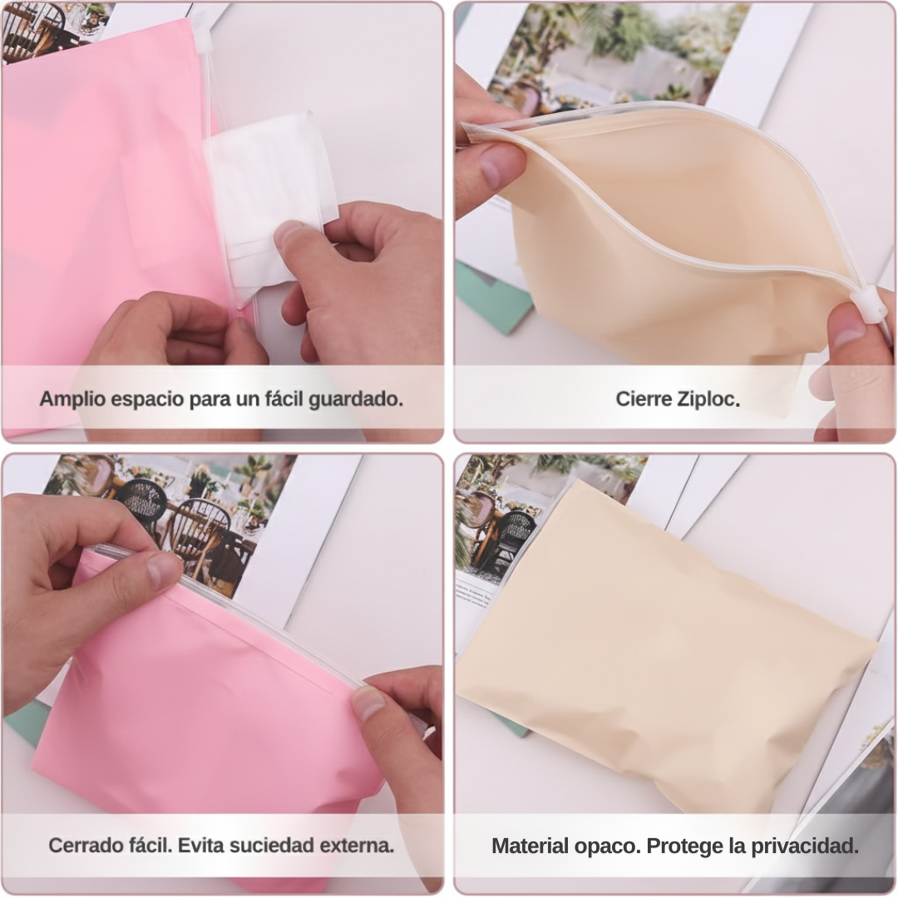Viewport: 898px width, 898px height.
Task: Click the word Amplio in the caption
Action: pyautogui.click(x=72, y=399)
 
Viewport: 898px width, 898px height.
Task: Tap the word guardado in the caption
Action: pyautogui.click(x=356, y=399)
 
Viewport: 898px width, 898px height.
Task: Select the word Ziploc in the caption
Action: pyautogui.click(x=708, y=398)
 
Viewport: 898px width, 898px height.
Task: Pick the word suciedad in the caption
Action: pyautogui.click(x=274, y=846)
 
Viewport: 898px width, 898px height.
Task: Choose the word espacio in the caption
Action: pyautogui.click(x=147, y=400)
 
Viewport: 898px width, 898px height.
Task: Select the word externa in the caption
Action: pyautogui.click(x=357, y=846)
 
